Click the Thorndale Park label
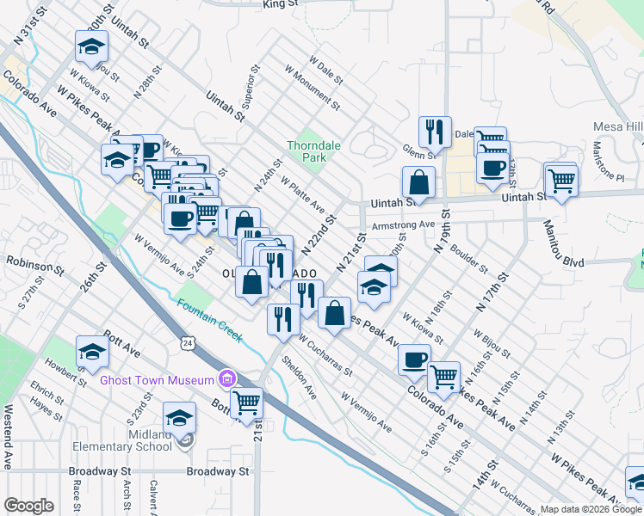click(x=313, y=152)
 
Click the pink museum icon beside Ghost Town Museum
click(x=227, y=378)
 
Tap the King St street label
click(x=281, y=4)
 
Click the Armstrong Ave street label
click(x=403, y=225)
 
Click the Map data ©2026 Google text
click(x=591, y=509)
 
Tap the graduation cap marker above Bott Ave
click(x=92, y=351)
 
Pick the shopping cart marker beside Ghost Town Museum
click(x=247, y=402)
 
